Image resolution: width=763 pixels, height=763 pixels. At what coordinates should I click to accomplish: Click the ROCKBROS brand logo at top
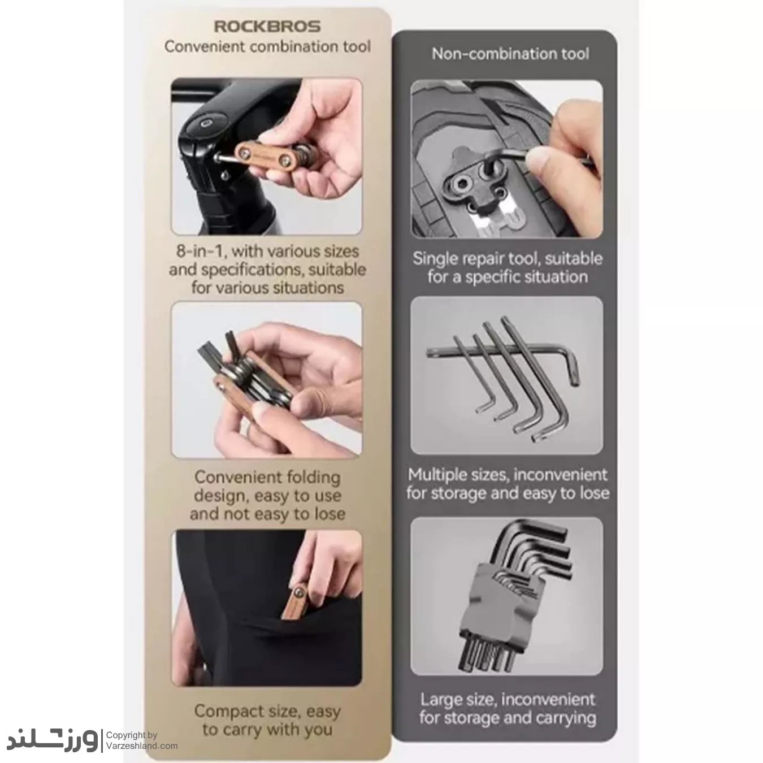(267, 26)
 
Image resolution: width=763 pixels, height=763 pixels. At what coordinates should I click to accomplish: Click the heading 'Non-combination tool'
(510, 54)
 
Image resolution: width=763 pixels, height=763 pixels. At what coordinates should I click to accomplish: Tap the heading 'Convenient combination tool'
(268, 47)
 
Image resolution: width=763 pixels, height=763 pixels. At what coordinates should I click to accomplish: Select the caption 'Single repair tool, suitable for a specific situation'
(507, 268)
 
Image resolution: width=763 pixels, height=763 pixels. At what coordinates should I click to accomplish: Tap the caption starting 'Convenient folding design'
(268, 495)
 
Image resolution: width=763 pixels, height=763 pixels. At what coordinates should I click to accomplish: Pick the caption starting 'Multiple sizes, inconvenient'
(508, 484)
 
